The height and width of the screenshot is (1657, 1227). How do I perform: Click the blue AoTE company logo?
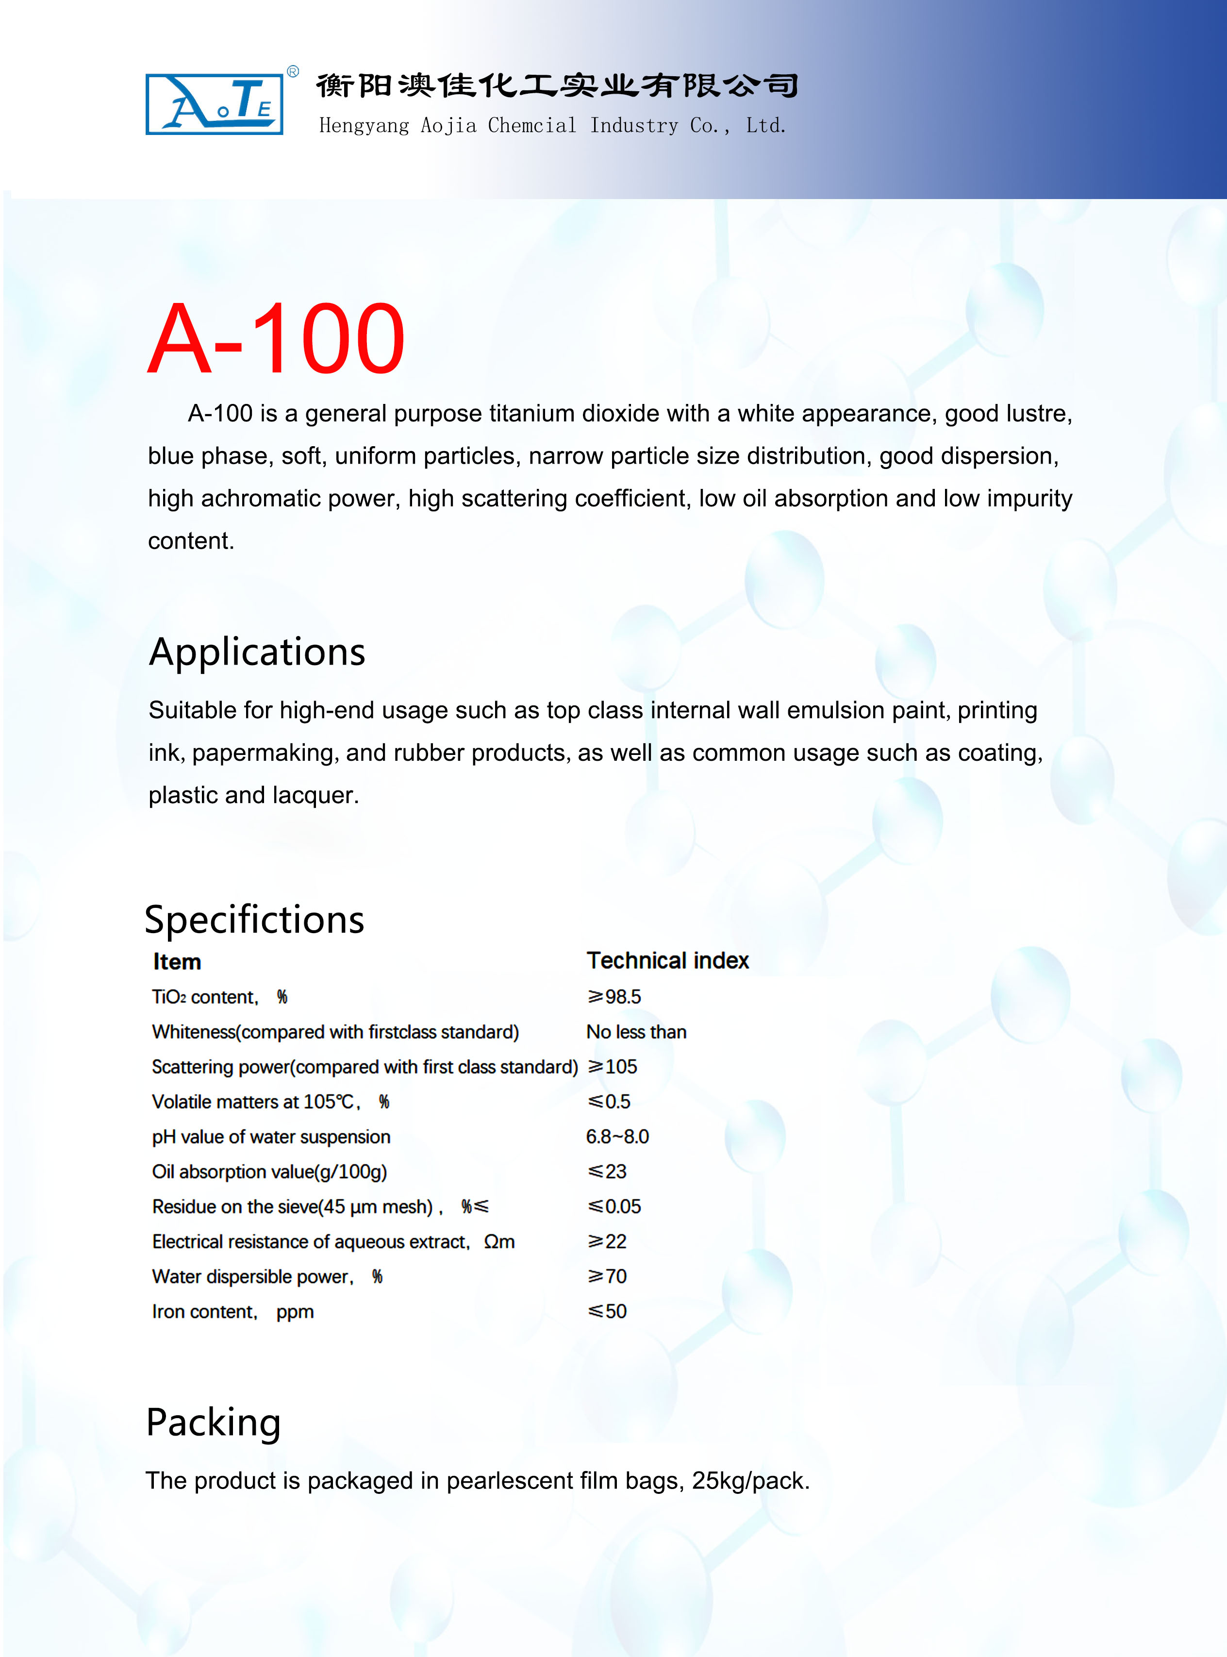point(214,104)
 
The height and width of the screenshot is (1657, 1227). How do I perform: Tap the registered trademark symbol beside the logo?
point(293,72)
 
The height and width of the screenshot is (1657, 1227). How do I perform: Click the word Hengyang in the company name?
point(364,126)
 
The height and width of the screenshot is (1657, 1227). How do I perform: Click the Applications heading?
point(257,652)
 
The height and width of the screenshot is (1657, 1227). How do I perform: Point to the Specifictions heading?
point(254,920)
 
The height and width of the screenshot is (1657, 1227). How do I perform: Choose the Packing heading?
point(213,1423)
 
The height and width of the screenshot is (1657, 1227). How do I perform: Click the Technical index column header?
point(668,960)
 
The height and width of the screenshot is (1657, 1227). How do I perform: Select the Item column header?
point(177,962)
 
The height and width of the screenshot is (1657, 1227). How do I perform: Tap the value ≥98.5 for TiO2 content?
point(614,997)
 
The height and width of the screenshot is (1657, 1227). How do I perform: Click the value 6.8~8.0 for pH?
point(617,1137)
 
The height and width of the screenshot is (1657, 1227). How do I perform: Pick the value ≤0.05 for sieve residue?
point(614,1206)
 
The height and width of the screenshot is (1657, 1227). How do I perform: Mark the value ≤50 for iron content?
point(608,1311)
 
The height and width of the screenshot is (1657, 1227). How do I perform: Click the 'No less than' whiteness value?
point(636,1032)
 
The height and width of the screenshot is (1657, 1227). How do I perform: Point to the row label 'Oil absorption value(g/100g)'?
point(269,1172)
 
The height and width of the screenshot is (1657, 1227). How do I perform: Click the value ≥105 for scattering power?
point(613,1067)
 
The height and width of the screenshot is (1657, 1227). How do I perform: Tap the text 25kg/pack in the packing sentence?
point(750,1480)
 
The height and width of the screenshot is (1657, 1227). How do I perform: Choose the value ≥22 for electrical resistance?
point(608,1241)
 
